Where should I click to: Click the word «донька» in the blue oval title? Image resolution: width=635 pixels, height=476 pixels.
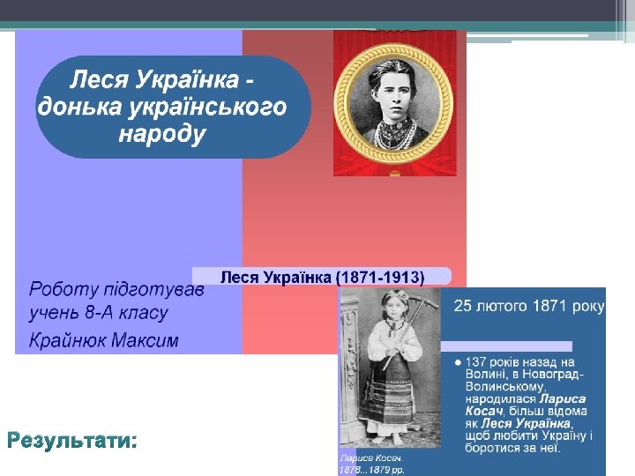[x=76, y=108]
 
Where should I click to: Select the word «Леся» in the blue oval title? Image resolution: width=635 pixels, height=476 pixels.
[x=98, y=80]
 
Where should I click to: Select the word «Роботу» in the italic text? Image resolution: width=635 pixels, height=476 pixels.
[x=62, y=289]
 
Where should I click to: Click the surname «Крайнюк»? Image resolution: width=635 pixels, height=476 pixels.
[x=67, y=340]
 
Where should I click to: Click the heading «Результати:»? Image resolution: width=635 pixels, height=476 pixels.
[x=72, y=440]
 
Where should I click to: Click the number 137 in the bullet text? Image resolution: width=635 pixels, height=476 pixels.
[x=477, y=362]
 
